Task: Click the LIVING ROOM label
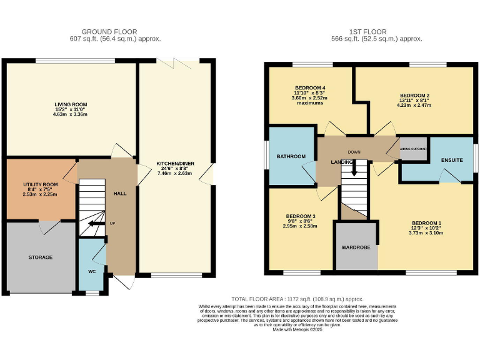71,104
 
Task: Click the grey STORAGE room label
40,257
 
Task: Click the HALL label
120,194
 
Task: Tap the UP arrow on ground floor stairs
97,223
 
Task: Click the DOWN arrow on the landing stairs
354,166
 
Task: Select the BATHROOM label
291,156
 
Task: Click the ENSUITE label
451,161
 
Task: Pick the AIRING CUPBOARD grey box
413,149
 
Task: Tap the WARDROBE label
356,247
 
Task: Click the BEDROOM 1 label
427,223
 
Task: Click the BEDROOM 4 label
310,87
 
